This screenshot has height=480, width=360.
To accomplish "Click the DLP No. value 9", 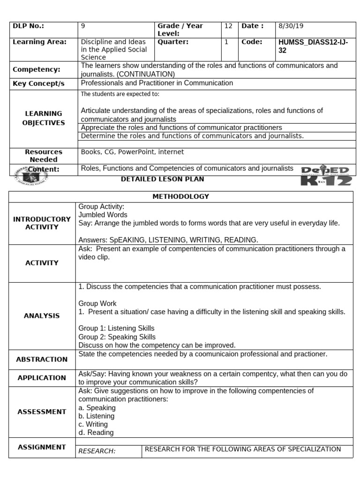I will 83,27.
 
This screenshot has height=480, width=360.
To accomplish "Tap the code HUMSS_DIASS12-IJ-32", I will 313,46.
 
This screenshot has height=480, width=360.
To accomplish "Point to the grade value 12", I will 228,27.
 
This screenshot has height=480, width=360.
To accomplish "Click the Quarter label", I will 173,42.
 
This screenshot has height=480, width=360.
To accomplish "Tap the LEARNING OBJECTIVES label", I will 44,118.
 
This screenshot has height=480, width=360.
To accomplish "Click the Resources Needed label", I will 44,156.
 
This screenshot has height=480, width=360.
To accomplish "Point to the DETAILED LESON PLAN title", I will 162,180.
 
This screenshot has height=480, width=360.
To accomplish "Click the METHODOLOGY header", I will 180,197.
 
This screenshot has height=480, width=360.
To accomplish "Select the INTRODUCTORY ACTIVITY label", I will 42,223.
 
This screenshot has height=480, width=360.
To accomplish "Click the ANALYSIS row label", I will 42,316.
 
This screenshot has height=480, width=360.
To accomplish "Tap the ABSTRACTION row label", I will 42,360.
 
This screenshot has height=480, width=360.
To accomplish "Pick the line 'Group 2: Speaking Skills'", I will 117,337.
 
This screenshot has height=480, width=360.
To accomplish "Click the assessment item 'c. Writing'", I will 93,425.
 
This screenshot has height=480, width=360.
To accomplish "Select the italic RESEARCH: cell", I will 97,451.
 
